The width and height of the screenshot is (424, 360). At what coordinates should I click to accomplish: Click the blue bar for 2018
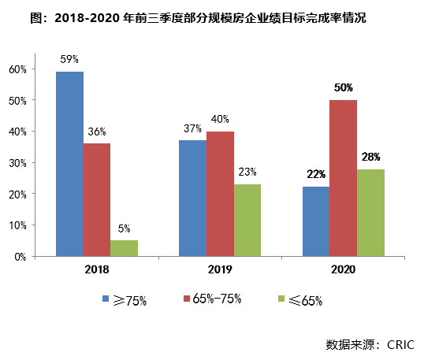(69, 164)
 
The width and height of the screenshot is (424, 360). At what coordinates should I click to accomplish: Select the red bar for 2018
(97, 200)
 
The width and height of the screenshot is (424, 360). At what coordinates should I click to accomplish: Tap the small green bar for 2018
(124, 248)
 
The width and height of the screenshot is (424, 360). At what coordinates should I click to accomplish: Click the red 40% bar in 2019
(220, 194)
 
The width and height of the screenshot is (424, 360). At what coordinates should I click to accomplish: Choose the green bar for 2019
(247, 221)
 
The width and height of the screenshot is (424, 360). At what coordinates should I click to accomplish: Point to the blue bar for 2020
(315, 221)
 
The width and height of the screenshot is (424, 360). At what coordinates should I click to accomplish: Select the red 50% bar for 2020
(343, 178)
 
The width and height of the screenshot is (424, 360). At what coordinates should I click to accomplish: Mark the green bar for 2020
(370, 213)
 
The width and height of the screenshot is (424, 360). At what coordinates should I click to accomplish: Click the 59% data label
(69, 58)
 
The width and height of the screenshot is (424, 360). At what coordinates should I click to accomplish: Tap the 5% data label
(124, 229)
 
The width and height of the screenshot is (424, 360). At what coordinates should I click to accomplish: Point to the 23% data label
(247, 173)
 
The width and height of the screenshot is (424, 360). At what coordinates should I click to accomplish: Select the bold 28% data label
(370, 157)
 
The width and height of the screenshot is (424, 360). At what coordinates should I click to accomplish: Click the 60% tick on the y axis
(18, 69)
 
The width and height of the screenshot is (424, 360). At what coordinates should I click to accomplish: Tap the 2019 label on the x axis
(220, 269)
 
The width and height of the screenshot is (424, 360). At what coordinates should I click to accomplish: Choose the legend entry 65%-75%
(218, 299)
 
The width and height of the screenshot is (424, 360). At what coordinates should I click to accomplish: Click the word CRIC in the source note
(402, 344)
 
